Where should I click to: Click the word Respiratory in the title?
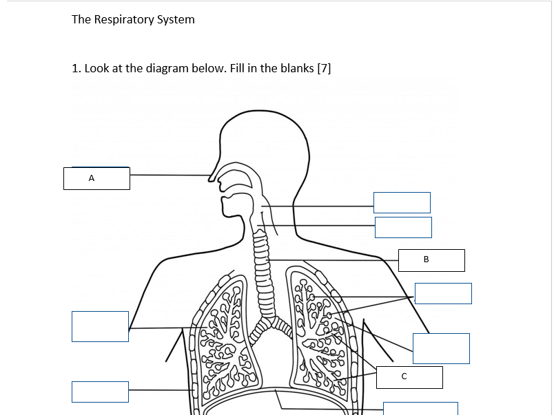(123, 20)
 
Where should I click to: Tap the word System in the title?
(176, 20)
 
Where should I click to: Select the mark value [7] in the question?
(323, 68)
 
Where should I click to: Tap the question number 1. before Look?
(76, 68)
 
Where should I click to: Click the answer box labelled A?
(96, 178)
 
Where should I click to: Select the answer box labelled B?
(431, 260)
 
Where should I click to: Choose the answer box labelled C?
(409, 376)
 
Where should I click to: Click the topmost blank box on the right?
(402, 202)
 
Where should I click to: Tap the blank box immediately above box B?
(403, 227)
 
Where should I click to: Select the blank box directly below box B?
(443, 293)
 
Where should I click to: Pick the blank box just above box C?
(441, 348)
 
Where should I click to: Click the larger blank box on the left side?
(100, 326)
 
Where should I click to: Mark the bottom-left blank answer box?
(100, 392)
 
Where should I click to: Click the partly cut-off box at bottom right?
(420, 408)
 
